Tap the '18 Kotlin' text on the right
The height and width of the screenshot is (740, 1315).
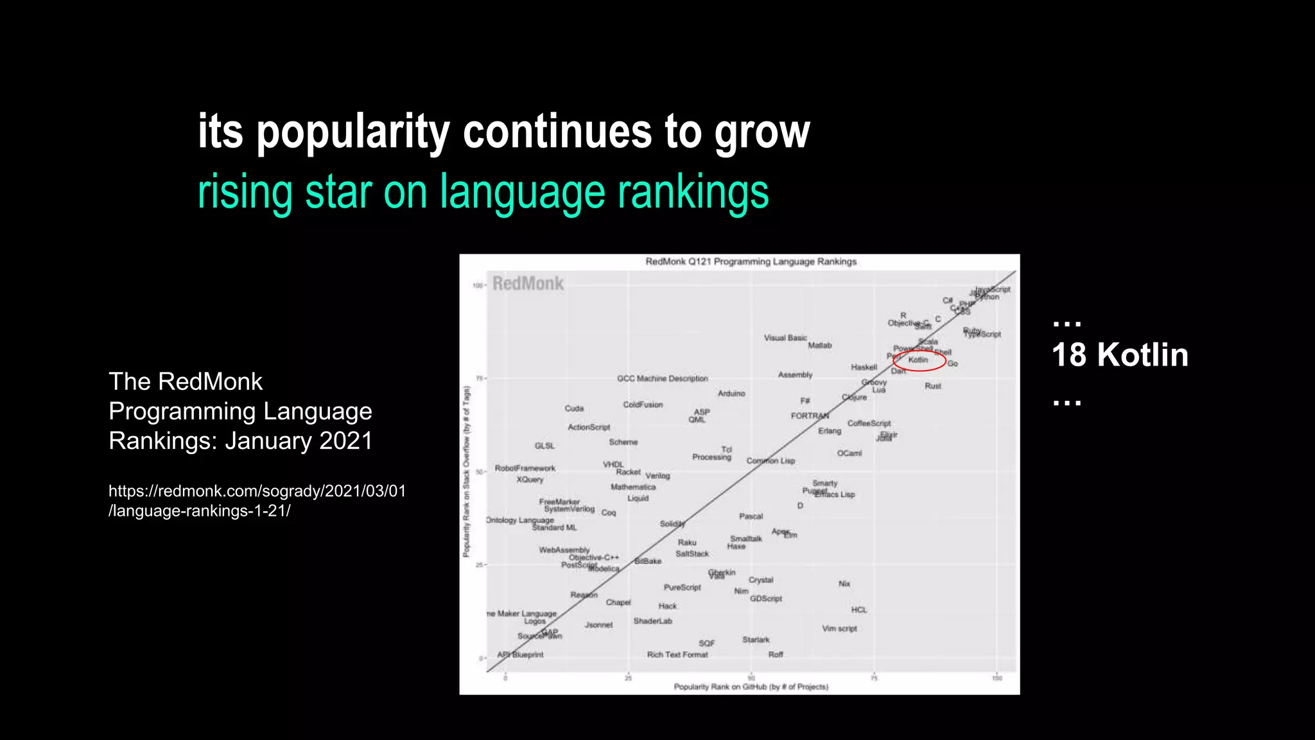[x=1120, y=355]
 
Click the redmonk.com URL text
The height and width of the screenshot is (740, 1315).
[x=257, y=500]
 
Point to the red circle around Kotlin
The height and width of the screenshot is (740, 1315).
[x=919, y=360]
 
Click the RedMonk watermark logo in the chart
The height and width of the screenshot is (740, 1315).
[x=528, y=284]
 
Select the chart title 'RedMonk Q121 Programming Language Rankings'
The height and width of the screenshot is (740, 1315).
[x=751, y=261]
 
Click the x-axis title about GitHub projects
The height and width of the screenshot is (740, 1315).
[x=751, y=687]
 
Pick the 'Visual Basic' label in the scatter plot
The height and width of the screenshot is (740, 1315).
[x=785, y=338]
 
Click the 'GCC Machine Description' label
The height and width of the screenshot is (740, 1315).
[x=662, y=378]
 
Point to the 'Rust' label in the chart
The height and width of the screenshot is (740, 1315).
[x=932, y=386]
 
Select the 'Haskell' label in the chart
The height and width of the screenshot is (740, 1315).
[x=864, y=367]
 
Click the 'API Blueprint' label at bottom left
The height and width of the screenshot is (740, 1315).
[x=520, y=655]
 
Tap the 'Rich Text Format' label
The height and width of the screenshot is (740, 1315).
[x=677, y=655]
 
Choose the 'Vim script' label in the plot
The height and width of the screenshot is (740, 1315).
[x=839, y=628]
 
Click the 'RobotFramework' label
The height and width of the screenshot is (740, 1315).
[x=525, y=468]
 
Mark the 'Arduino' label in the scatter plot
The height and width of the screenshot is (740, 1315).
[x=731, y=393]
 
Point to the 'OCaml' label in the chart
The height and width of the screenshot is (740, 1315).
[x=849, y=454]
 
